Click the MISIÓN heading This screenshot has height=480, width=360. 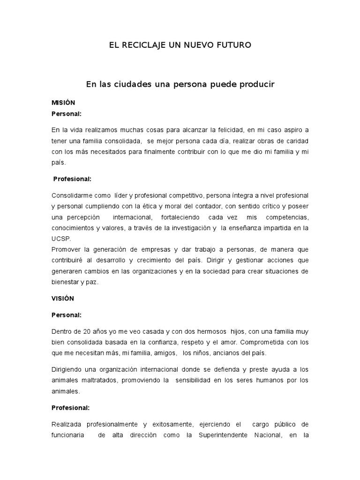[63, 103]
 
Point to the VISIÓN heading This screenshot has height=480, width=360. [63, 298]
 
